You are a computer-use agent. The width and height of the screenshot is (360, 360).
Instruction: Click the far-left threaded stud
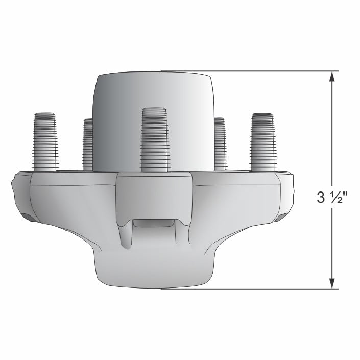pyautogui.click(x=45, y=141)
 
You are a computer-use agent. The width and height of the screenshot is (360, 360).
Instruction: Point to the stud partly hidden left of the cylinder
pyautogui.click(x=88, y=144)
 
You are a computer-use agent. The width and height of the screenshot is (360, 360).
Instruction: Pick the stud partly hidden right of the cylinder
pyautogui.click(x=220, y=144)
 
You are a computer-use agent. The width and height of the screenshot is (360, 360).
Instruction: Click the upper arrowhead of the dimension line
pyautogui.click(x=332, y=77)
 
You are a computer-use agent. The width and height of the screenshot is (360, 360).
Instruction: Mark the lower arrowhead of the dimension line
pyautogui.click(x=332, y=282)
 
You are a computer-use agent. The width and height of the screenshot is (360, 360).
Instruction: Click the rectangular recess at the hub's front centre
pyautogui.click(x=154, y=224)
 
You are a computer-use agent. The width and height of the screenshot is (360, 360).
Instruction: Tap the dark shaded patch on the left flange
pyautogui.click(x=31, y=218)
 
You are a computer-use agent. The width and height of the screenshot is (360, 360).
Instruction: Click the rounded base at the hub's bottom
pyautogui.click(x=153, y=271)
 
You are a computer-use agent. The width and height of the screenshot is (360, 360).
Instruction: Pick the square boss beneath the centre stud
pyautogui.click(x=154, y=191)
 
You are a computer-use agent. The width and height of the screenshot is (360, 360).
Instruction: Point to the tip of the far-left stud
pyautogui.click(x=45, y=114)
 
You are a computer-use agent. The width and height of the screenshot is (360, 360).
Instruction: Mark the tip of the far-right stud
pyautogui.click(x=263, y=115)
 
